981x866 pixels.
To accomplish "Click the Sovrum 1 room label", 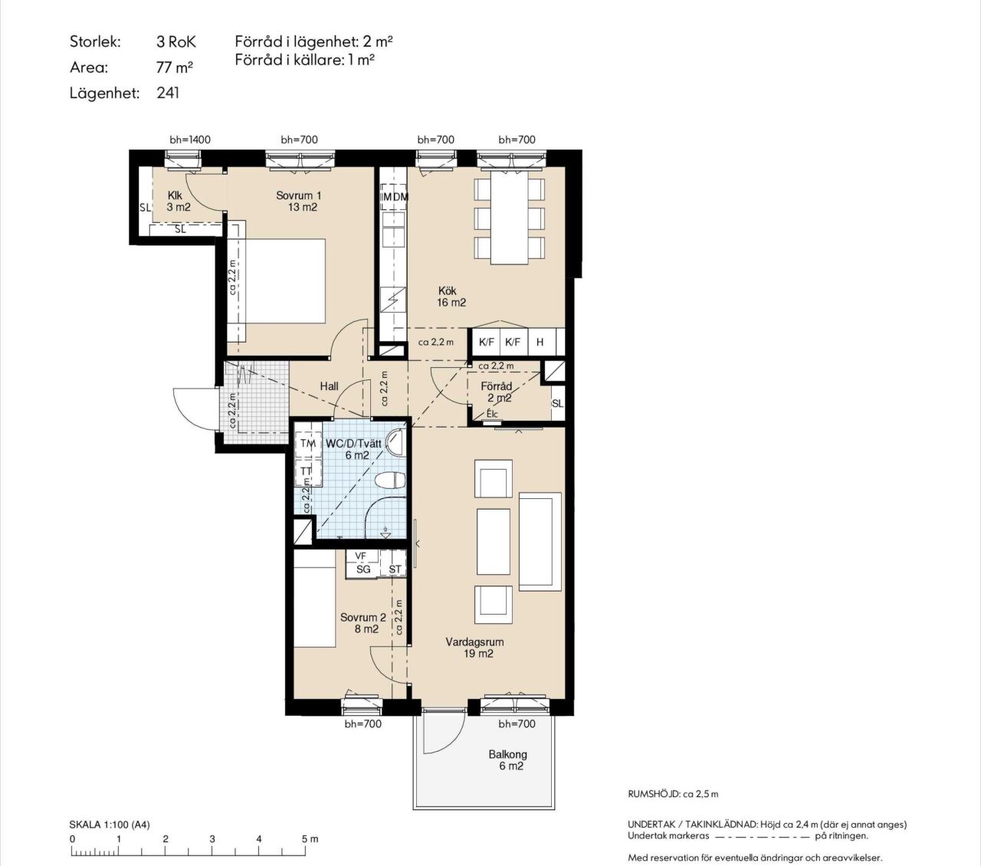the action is tap(299, 202).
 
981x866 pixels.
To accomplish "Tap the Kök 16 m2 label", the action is tap(451, 297).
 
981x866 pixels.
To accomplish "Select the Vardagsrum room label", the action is tap(475, 648).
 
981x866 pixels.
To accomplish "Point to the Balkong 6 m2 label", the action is tap(508, 760).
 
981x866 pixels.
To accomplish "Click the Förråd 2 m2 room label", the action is tap(497, 392).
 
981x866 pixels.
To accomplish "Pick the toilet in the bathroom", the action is tap(390, 481).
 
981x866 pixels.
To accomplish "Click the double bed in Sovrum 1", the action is tap(277, 281).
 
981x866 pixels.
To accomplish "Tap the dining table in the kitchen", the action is tap(510, 217).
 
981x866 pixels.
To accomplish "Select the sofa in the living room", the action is tap(540, 542).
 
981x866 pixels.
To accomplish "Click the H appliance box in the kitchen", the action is tap(540, 342).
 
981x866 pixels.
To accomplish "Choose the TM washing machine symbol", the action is tap(308, 443).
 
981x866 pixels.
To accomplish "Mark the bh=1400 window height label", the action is tap(190, 140).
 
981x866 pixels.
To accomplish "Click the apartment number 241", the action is tap(168, 93).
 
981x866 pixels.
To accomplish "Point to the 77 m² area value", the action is tap(174, 67).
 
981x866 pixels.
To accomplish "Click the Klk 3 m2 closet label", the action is tap(179, 201).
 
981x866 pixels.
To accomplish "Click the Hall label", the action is tap(330, 386).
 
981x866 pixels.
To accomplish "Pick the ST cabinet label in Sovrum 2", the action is tap(395, 569).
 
